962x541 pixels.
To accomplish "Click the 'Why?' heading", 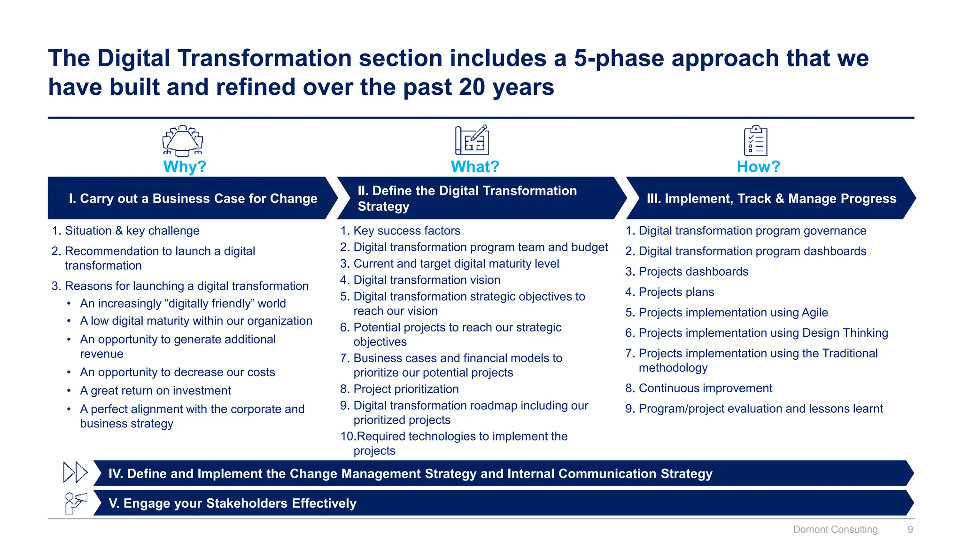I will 185,167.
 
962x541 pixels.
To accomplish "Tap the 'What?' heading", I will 475,167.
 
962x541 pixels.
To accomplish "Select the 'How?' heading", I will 758,167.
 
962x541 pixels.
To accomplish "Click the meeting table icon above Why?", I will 183,140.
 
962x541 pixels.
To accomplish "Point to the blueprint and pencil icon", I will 472,140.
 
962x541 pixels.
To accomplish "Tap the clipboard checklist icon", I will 755,140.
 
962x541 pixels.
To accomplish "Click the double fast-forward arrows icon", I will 75,472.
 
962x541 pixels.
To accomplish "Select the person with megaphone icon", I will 75,503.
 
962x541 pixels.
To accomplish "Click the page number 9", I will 910,529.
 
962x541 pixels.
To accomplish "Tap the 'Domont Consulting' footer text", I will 835,529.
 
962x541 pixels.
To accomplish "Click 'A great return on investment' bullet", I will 155,391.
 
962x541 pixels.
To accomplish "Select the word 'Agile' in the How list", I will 815,312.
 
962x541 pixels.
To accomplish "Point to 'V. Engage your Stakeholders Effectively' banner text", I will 233,503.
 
